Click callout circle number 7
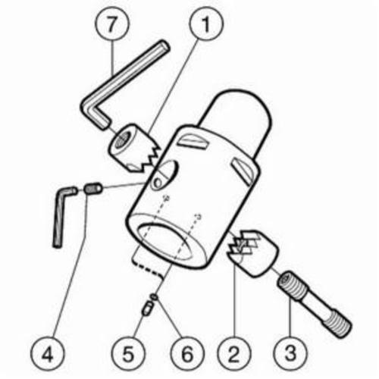click(x=112, y=24)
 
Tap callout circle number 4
click(x=47, y=354)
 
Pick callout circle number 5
click(x=128, y=354)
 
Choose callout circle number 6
click(x=187, y=354)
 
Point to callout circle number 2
click(x=234, y=354)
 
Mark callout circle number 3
click(x=290, y=353)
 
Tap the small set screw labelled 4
click(x=92, y=189)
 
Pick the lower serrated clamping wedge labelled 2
click(x=252, y=252)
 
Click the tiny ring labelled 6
click(x=154, y=297)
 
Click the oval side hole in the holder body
click(x=164, y=175)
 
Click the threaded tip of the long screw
click(x=337, y=325)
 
